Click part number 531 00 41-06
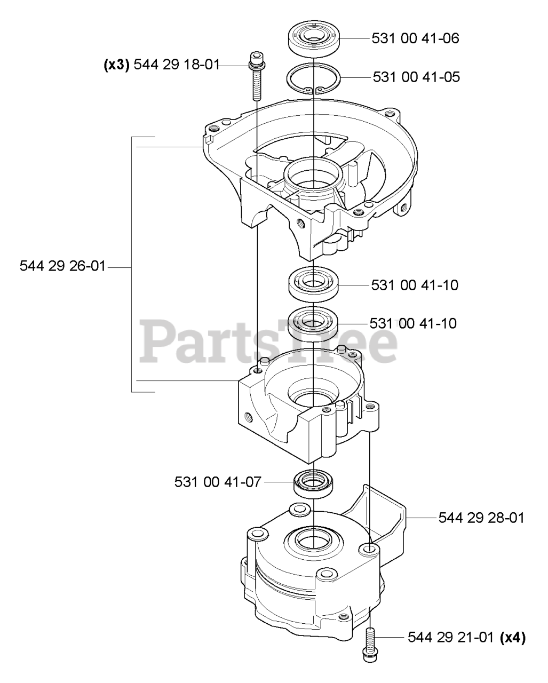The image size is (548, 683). (416, 39)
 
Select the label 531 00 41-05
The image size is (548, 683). (416, 77)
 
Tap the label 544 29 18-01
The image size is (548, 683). (176, 65)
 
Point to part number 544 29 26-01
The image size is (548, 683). (62, 266)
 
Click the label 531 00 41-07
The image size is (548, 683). (218, 482)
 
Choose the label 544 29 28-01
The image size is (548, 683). (481, 518)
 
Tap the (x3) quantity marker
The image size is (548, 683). (116, 65)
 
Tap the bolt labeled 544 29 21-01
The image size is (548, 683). (369, 646)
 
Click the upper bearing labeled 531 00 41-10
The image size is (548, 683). (313, 281)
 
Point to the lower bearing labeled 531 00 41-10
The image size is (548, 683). (313, 321)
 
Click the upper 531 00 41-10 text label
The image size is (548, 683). (415, 285)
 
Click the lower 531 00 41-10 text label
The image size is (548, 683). (413, 324)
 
